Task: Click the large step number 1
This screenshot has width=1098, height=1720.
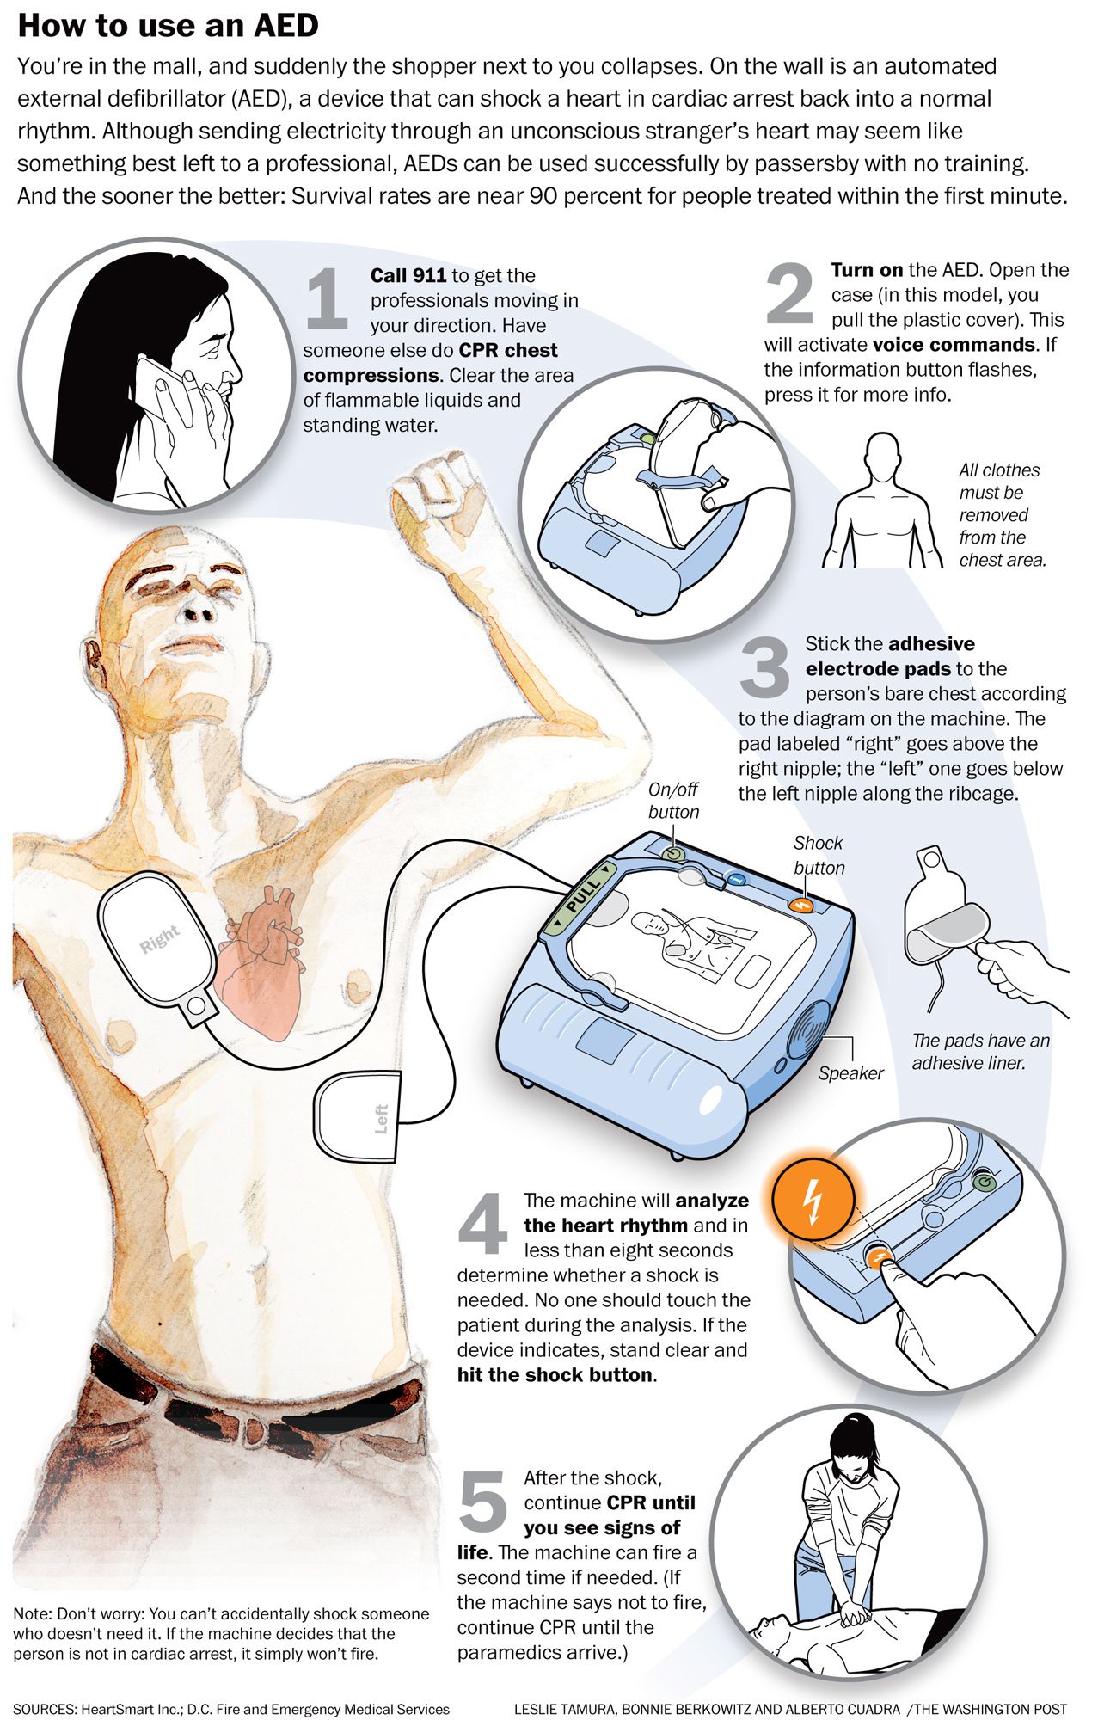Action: pyautogui.click(x=327, y=298)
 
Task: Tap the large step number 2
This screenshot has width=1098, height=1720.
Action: pyautogui.click(x=788, y=293)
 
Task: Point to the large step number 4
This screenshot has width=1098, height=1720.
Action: pyautogui.click(x=483, y=1223)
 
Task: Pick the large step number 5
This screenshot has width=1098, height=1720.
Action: pyautogui.click(x=483, y=1500)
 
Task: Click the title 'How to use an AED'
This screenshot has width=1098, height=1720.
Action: pyautogui.click(x=169, y=25)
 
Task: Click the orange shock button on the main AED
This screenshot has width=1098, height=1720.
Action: pyautogui.click(x=801, y=904)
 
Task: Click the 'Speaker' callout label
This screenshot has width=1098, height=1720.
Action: pyautogui.click(x=850, y=1073)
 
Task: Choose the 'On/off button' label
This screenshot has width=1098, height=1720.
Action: pyautogui.click(x=673, y=801)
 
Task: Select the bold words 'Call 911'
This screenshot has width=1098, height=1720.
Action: pyautogui.click(x=408, y=275)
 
